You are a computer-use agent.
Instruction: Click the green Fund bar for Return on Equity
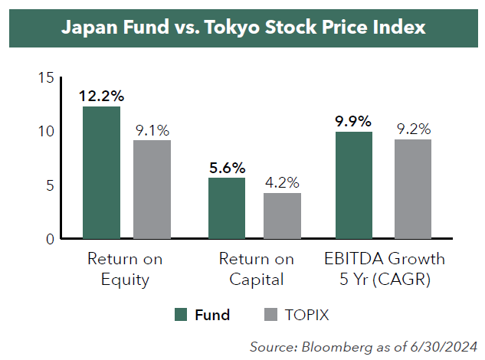101,172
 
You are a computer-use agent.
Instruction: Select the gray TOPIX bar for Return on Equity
152,189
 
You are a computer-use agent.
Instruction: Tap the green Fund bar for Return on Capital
227,208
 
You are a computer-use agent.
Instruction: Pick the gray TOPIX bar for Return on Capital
282,215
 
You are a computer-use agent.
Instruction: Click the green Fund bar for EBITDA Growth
354,185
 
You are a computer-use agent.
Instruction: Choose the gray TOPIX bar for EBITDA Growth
413,188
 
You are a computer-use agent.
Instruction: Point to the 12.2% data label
101,96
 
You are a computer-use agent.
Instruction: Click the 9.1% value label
152,130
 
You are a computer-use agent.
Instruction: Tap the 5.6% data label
228,168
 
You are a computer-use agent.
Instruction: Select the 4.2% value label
282,182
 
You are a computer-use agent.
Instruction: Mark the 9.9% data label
353,121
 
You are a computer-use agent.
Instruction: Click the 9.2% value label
414,129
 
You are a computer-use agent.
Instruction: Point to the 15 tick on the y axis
46,77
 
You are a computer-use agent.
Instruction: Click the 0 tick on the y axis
50,239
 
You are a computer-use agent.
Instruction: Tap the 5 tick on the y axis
50,185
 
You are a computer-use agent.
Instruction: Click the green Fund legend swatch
181,315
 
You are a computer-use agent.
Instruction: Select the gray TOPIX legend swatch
270,315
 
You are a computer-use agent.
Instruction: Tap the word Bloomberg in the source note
337,347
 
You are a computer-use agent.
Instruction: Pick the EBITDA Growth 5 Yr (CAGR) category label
385,269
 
